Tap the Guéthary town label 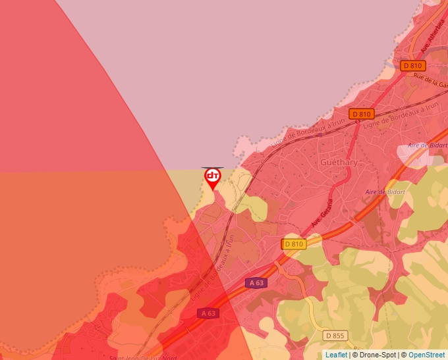[339, 162]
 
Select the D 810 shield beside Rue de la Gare [412, 66]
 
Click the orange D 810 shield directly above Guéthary [361, 114]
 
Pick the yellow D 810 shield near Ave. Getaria [294, 244]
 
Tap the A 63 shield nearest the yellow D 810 [257, 283]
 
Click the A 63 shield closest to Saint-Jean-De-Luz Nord [208, 313]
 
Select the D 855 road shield [335, 336]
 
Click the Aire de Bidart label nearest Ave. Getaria [385, 192]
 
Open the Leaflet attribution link [337, 355]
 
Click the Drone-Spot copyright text [376, 355]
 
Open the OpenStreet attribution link [426, 355]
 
